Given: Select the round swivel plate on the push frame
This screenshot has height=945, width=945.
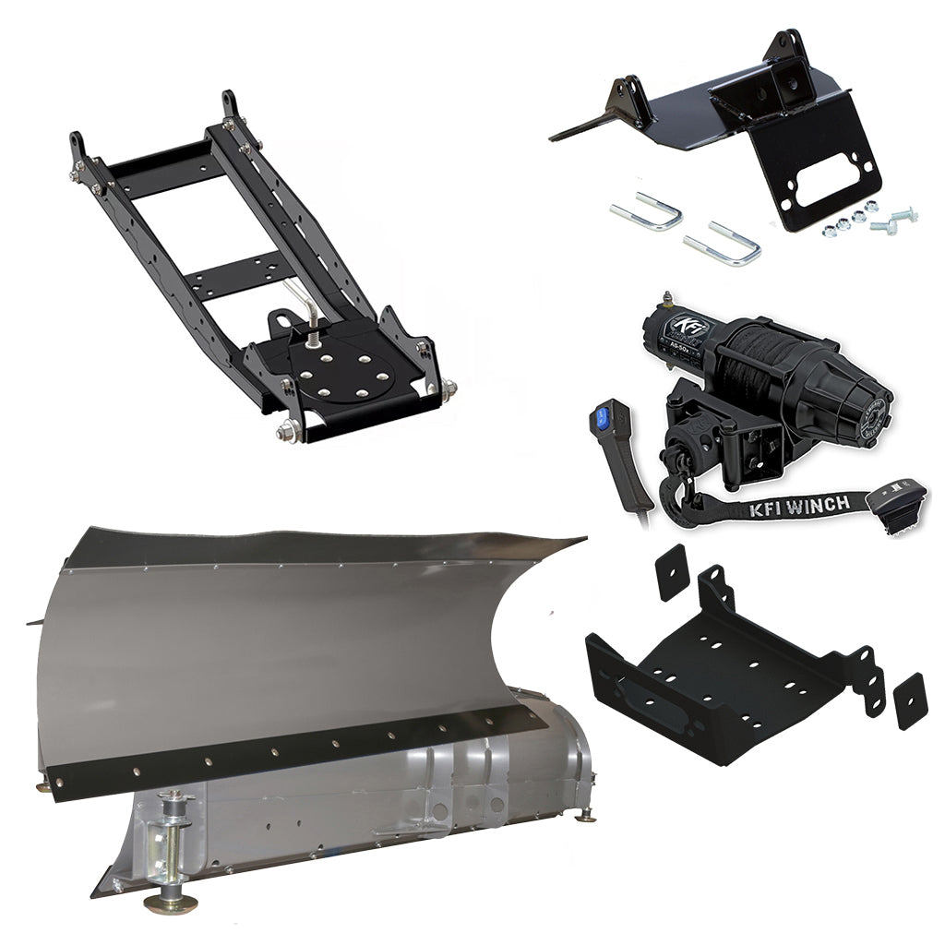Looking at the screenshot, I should [337, 373].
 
